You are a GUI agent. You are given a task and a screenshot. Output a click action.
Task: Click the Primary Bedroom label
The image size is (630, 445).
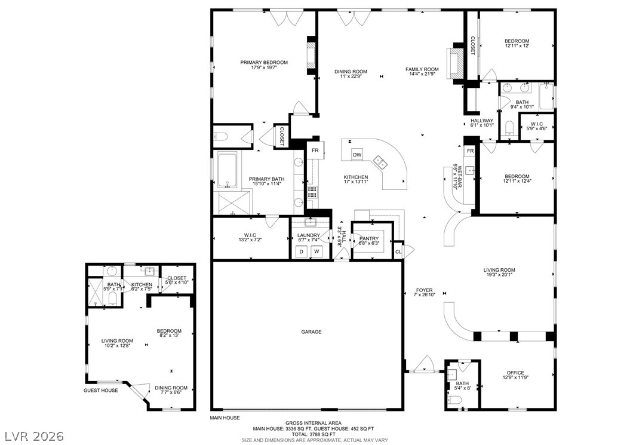point(264,62)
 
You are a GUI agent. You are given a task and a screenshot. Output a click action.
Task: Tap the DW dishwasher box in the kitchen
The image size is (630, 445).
point(357,155)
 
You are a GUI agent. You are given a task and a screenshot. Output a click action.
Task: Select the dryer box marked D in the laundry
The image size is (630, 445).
point(302,251)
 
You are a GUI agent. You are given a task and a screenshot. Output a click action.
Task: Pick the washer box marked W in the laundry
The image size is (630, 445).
point(317,251)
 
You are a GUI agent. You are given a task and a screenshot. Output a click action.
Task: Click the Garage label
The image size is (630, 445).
point(311,332)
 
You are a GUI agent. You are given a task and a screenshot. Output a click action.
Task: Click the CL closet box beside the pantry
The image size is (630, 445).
point(398,252)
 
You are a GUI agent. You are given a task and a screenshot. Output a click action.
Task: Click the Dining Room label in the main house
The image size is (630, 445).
point(351,72)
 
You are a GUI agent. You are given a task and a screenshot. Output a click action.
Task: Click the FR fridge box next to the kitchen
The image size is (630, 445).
point(315,151)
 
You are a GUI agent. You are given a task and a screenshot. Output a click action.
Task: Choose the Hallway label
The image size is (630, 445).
point(482,120)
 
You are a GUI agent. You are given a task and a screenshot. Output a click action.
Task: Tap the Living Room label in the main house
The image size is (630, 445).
point(499,270)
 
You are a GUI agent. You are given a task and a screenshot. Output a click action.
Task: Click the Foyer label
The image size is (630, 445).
point(424,290)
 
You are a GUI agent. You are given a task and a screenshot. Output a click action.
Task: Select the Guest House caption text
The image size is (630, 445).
point(100,390)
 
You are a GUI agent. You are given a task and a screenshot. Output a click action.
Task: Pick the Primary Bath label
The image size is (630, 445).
point(266,179)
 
